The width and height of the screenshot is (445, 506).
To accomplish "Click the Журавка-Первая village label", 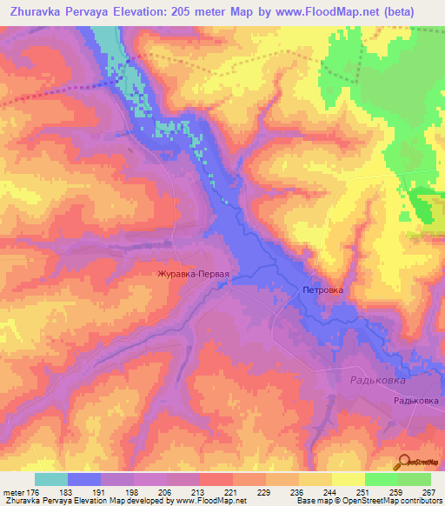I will (x=192, y=274).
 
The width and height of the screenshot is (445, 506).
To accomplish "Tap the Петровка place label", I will (x=323, y=291).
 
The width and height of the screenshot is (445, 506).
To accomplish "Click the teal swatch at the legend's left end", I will (x=50, y=479).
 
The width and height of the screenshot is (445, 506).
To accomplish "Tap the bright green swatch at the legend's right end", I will (x=415, y=479).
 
